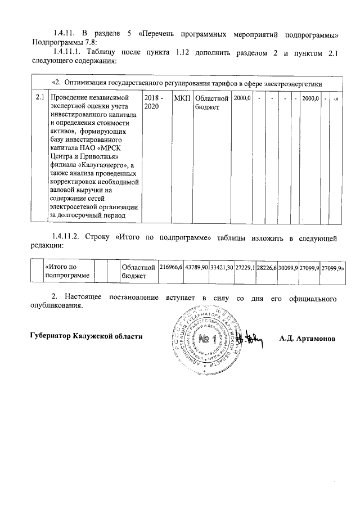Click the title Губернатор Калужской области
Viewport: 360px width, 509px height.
click(x=86, y=336)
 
